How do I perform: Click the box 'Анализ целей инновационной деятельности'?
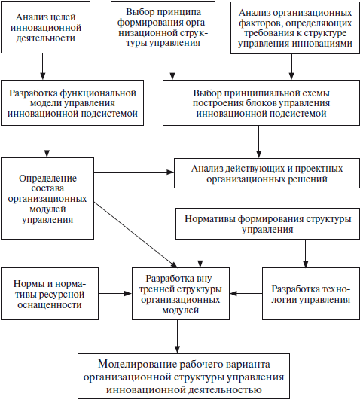coord(45,27)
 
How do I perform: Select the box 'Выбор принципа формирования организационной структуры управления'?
coord(163,27)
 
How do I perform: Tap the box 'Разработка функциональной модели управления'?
coord(72,102)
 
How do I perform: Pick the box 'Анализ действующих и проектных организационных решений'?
coord(267,173)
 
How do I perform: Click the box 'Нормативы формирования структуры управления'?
coord(267,224)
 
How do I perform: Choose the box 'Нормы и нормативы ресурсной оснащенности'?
coord(50,294)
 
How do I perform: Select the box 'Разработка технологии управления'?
coord(311,294)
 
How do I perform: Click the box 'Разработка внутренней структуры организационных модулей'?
coord(181,294)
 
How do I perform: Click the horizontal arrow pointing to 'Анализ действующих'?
coord(134,173)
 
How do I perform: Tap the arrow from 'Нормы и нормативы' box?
coord(115,293)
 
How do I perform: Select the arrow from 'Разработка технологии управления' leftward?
coord(246,293)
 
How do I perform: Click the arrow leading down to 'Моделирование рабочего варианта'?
coord(177,337)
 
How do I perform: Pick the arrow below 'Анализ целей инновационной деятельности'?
coord(43,66)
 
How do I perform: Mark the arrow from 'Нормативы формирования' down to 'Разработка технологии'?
coord(306,253)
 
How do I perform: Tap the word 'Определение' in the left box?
coord(47,179)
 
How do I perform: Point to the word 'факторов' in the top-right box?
coord(261,23)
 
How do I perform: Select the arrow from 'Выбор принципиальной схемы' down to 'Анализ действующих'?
coord(259,142)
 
